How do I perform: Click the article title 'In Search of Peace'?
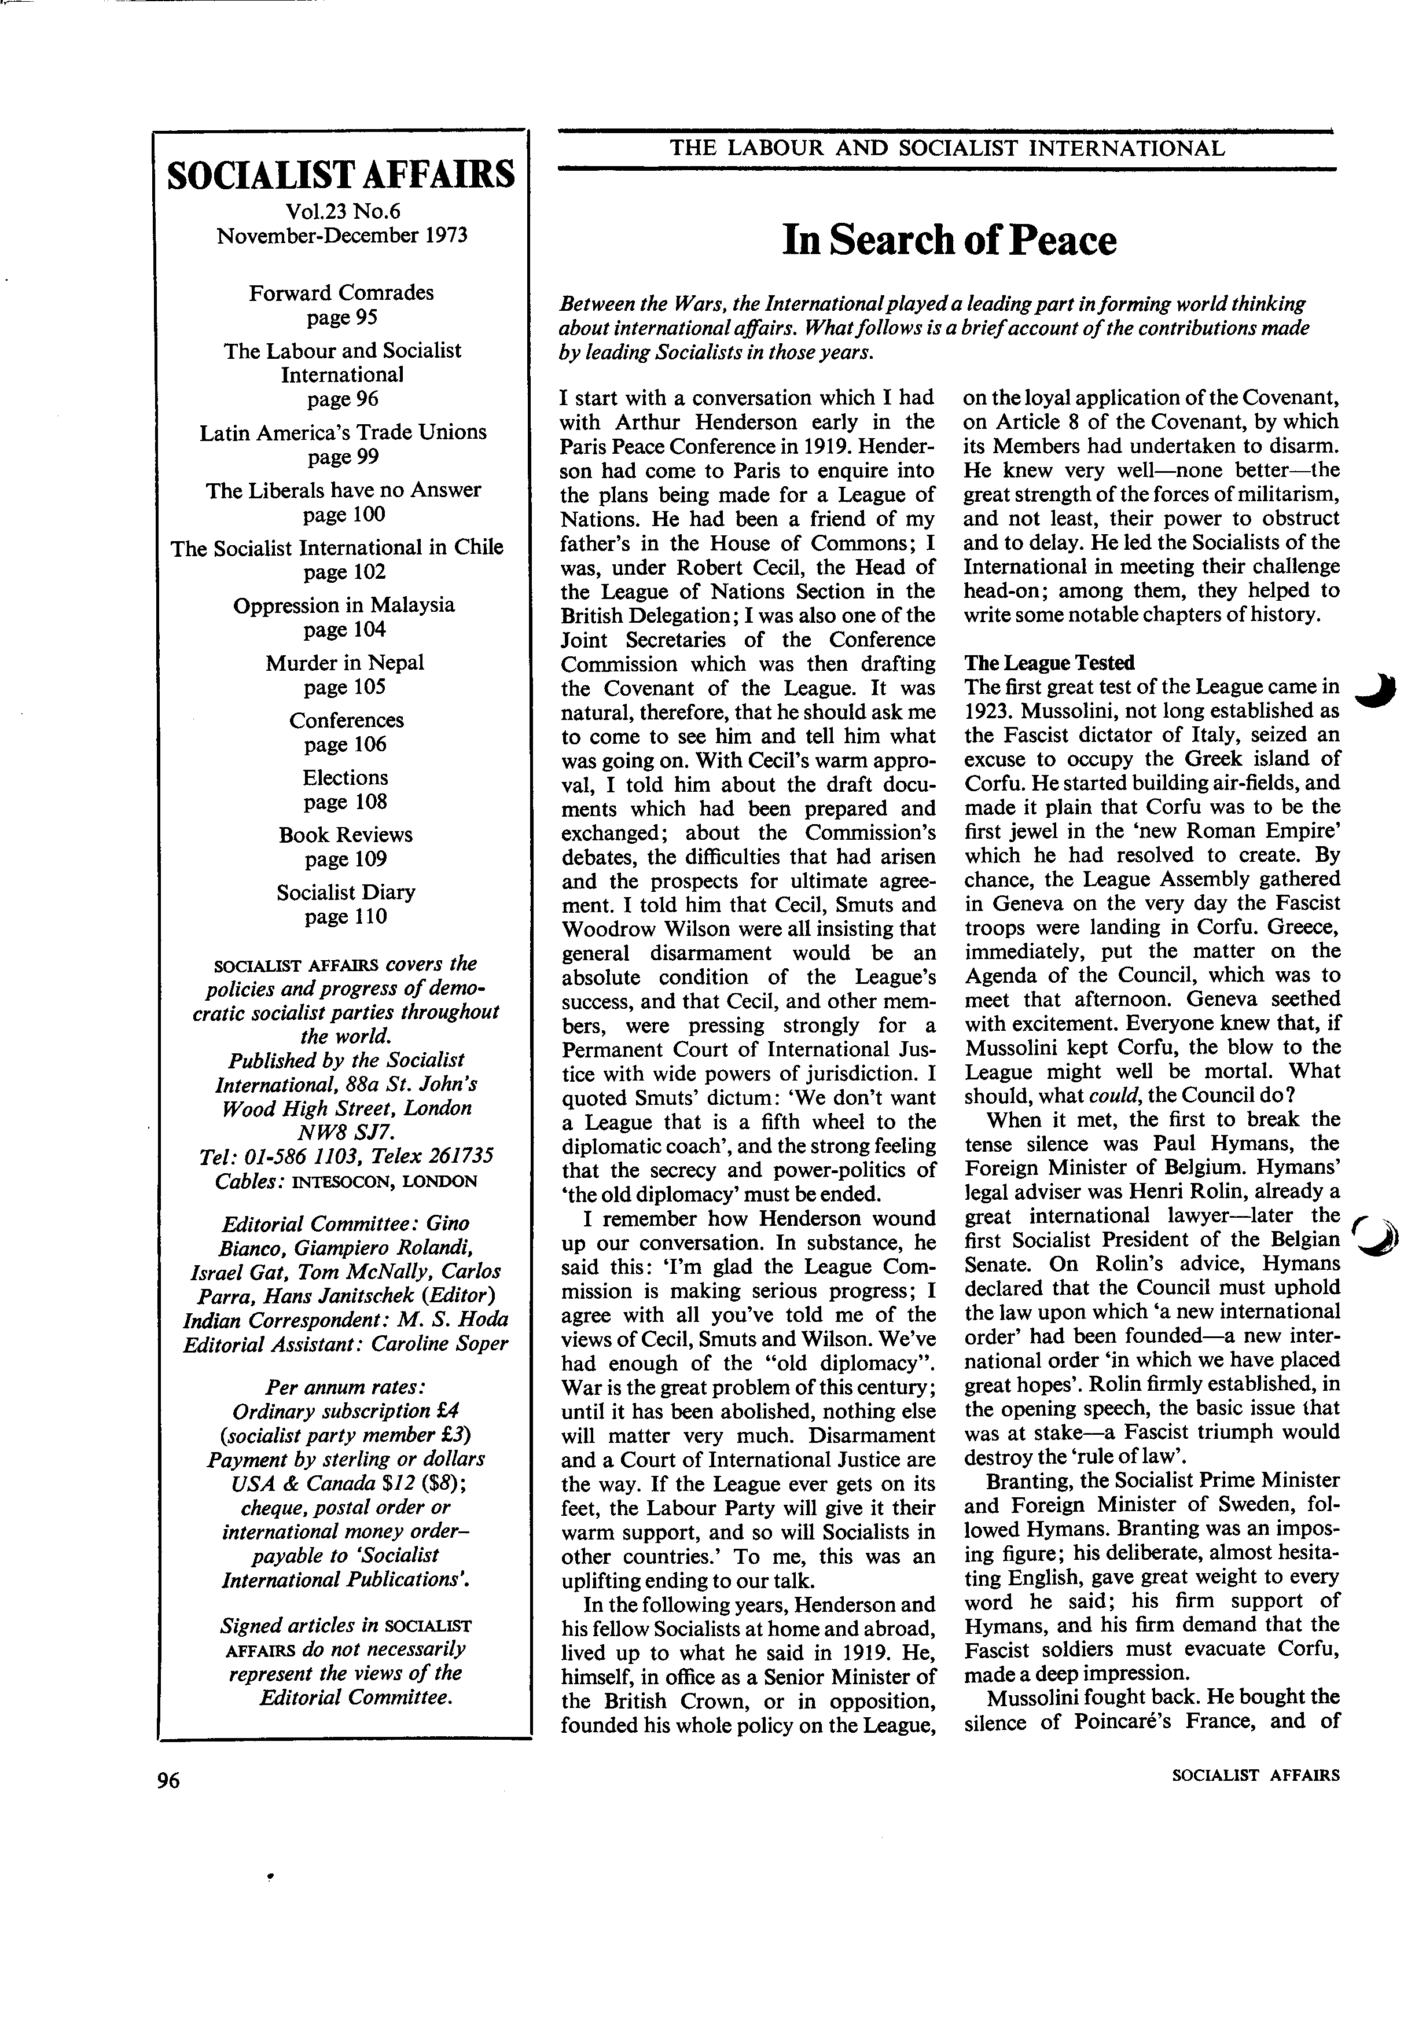coord(949,240)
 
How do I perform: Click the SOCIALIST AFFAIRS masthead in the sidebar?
coord(341,175)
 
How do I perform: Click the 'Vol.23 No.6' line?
coord(341,211)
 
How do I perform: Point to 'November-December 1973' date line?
coord(341,236)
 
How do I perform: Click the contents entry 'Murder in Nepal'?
coord(344,663)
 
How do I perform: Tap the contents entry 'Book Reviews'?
coord(346,835)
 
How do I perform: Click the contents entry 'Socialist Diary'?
coord(346,892)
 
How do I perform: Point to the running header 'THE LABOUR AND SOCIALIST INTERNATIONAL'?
coord(947,148)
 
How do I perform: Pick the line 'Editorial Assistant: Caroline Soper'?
coord(346,1344)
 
